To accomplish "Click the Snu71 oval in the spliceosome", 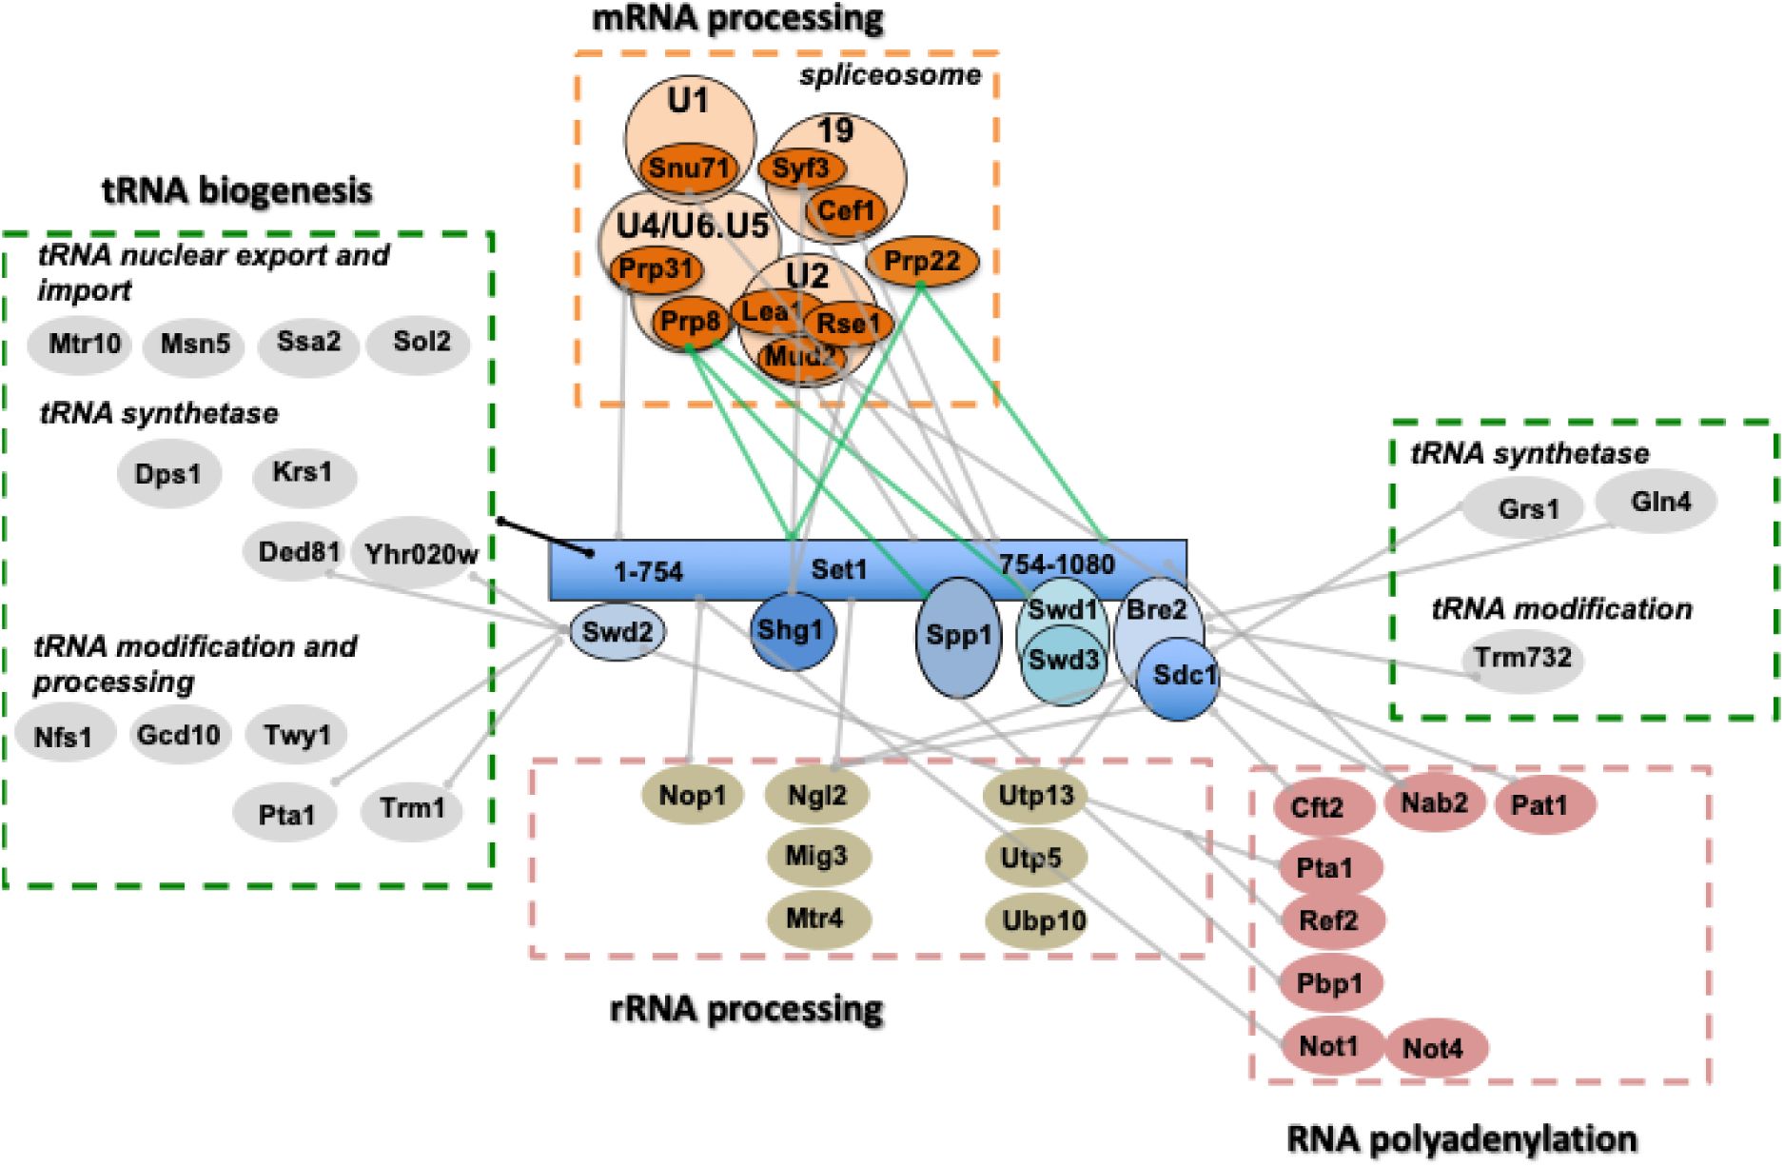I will point(689,168).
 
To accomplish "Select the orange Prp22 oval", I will point(922,261).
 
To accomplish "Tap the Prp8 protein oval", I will point(691,322).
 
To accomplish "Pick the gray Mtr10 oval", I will point(84,343).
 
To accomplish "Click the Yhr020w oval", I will point(421,553).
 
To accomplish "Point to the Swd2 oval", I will point(618,632).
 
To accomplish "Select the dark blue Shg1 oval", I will point(791,630).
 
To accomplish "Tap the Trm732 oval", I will point(1522,658).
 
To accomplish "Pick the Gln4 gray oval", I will point(1660,502).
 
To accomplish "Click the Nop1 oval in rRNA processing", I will point(692,796).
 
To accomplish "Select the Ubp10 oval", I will point(1043,920).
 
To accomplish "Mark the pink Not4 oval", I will point(1433,1048).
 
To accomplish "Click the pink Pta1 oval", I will point(1324,868).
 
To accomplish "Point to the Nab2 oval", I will point(1434,803).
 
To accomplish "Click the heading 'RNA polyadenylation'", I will point(1461,1138).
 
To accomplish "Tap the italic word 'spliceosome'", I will point(890,75).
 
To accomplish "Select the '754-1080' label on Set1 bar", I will point(1056,564).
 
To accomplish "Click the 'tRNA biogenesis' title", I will point(237,191).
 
